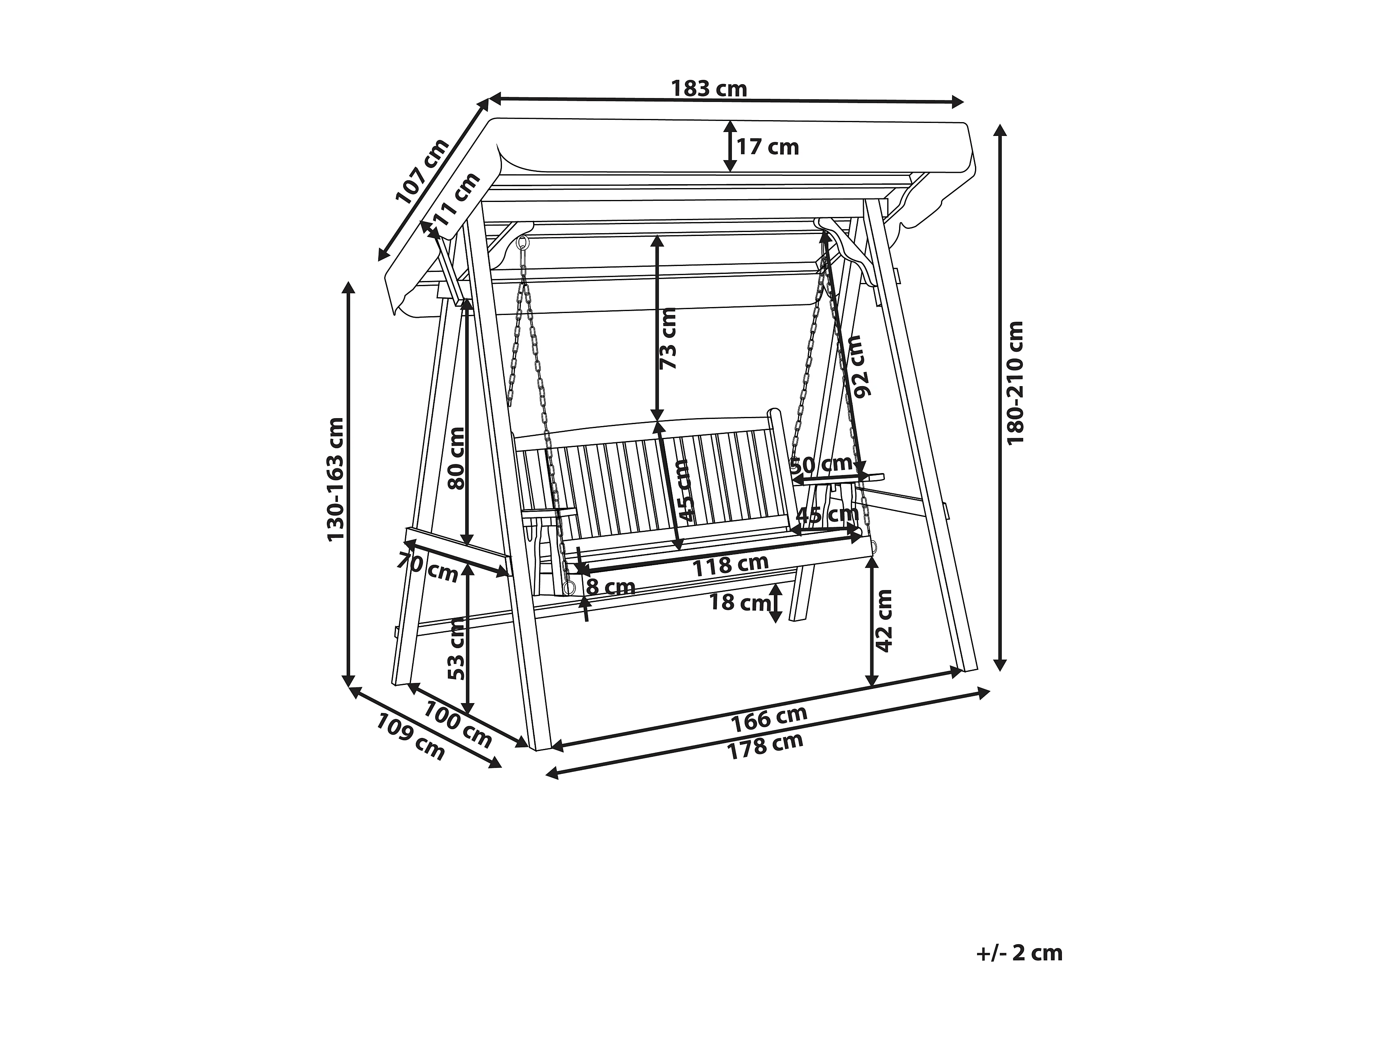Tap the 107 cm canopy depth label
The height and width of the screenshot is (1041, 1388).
tap(423, 171)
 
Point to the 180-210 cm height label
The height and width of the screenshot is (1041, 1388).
tap(1015, 383)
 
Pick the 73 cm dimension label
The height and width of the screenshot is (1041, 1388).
tap(669, 347)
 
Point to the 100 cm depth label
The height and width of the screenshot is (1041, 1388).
tap(457, 724)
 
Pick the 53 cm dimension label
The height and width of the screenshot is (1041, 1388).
tap(457, 648)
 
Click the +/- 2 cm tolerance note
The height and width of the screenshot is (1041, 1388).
tap(1020, 971)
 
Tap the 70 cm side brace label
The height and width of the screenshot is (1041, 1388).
tap(428, 567)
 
